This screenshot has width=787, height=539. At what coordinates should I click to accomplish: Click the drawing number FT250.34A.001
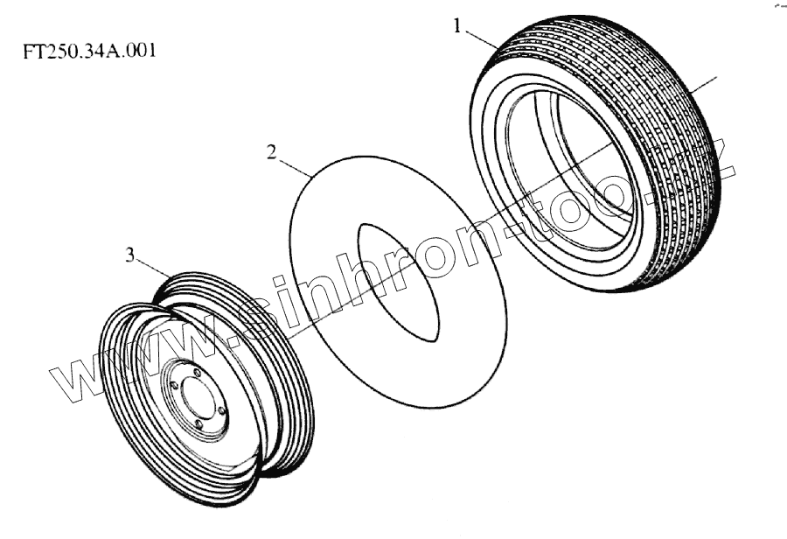90,51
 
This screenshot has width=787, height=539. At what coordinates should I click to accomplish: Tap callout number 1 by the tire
456,25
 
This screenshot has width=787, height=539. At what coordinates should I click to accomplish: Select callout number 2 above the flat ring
272,152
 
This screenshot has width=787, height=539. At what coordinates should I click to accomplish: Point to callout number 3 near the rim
130,255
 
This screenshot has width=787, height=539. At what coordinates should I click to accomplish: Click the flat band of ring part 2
350,350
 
